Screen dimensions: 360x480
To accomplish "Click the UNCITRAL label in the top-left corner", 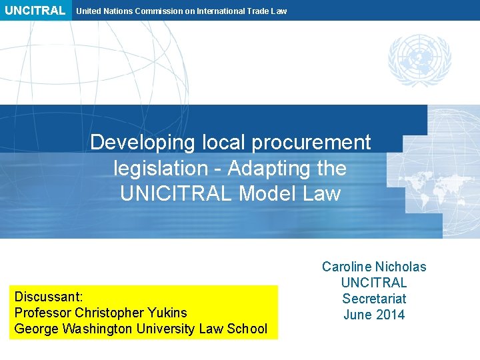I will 35,11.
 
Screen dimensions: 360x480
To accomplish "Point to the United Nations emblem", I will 419,61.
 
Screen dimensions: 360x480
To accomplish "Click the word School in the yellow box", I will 247,328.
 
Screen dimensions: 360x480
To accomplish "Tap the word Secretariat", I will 374,299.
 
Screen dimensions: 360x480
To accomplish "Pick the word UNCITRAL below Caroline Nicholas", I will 374,283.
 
